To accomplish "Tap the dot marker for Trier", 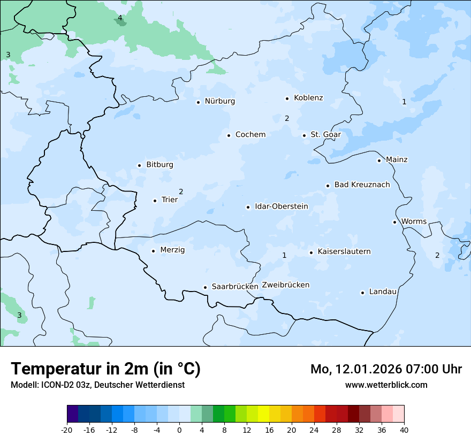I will click(x=155, y=201).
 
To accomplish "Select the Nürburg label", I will click(x=219, y=101).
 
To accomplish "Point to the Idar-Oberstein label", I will click(x=281, y=206).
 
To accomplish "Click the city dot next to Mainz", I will click(x=379, y=160).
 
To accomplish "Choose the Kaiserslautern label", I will click(x=344, y=251).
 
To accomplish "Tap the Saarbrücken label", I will click(x=235, y=287).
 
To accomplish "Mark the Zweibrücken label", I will click(x=285, y=285).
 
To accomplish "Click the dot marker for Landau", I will click(x=362, y=293).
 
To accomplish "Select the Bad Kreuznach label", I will click(x=362, y=185).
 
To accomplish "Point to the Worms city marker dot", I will click(x=394, y=222).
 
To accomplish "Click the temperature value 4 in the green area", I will click(x=120, y=18).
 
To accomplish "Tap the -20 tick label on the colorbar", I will click(x=67, y=430).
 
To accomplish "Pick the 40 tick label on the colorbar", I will click(x=404, y=430).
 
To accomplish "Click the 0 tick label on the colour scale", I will click(x=179, y=430).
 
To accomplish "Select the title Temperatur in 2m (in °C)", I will click(x=105, y=369).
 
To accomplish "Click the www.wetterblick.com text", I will click(x=386, y=385).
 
